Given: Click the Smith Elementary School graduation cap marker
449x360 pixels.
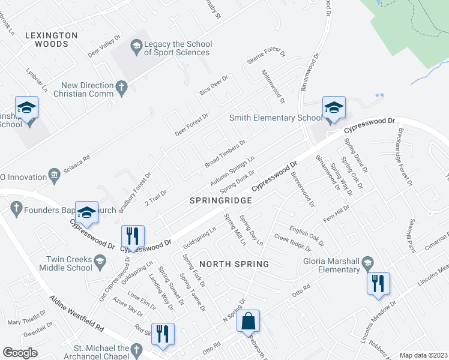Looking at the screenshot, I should [x=334, y=108].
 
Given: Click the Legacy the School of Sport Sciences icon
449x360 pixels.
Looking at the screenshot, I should [x=136, y=46].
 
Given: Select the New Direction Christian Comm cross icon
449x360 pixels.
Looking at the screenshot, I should [x=121, y=88].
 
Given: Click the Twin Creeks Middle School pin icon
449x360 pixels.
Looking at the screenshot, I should [x=99, y=260].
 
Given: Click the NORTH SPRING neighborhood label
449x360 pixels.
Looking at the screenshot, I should [x=234, y=264].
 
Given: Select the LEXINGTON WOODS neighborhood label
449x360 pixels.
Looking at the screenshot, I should [x=52, y=40].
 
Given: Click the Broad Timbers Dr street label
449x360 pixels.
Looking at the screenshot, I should [x=225, y=154].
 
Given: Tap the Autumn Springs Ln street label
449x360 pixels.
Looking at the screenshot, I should [x=232, y=171].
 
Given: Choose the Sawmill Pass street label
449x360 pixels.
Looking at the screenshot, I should [x=411, y=237].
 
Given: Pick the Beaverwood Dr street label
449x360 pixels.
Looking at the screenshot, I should [x=303, y=190].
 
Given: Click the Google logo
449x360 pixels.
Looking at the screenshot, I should [x=20, y=353].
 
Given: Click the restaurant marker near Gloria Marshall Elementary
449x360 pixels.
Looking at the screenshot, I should [x=378, y=283].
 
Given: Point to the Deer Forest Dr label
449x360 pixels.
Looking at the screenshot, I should [x=191, y=124].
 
